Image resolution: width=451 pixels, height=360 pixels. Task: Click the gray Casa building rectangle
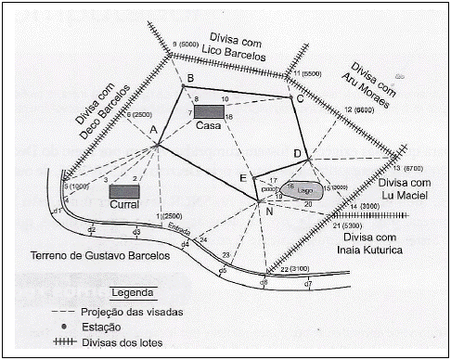pos(210,112)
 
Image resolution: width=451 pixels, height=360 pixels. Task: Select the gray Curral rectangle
pos(123,191)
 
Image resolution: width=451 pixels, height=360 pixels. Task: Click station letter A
pos(152,130)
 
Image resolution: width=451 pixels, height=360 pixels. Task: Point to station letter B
pos(189,78)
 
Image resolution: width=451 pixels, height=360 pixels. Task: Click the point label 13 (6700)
pos(420,168)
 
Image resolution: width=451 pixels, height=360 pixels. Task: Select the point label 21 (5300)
pos(349,225)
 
